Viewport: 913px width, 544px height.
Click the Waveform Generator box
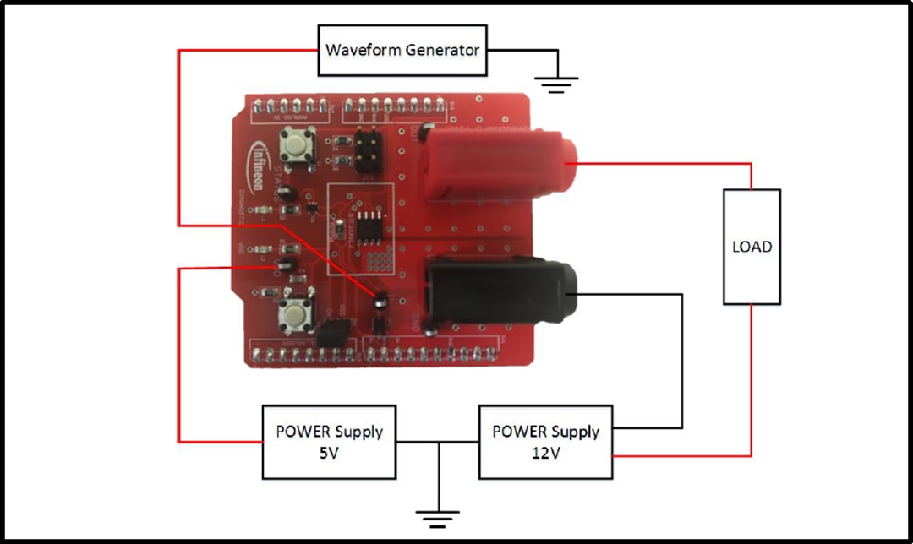[x=402, y=49]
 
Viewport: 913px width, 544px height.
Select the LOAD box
[x=752, y=247]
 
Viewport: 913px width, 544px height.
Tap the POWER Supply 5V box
[x=329, y=441]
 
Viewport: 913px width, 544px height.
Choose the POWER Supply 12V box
[x=546, y=441]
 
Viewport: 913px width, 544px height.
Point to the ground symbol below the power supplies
[x=438, y=514]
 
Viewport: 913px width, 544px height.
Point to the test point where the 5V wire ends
[x=284, y=268]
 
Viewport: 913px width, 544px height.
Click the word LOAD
[x=752, y=247]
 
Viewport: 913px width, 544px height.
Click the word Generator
[x=442, y=50]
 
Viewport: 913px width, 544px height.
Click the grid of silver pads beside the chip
[x=383, y=260]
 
